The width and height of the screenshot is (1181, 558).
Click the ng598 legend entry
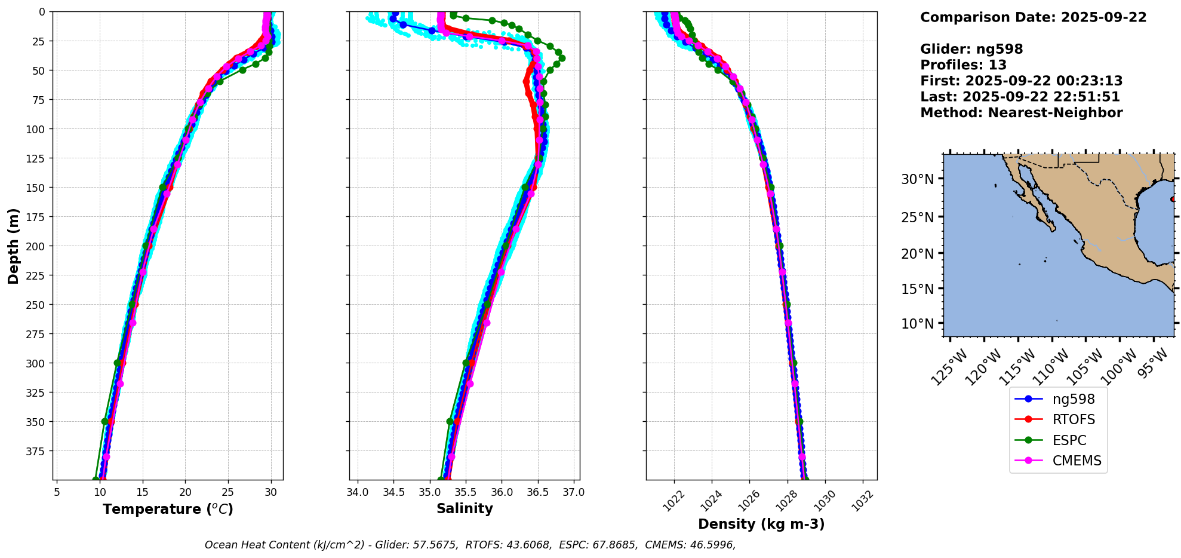(1073, 399)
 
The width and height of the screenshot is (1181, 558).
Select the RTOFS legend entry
(1074, 419)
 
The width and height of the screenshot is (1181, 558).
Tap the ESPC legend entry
(1069, 440)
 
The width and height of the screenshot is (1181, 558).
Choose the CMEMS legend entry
(1077, 461)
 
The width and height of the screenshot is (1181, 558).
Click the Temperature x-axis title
(168, 509)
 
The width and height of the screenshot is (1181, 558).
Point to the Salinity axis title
(465, 508)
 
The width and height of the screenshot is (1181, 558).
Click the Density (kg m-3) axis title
(761, 524)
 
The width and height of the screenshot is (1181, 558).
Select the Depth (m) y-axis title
(13, 246)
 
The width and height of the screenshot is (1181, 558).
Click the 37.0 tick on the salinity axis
(574, 492)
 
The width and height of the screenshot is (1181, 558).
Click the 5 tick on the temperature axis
(57, 492)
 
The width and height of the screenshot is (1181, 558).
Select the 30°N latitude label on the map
(917, 179)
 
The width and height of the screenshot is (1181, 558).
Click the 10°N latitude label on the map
(917, 324)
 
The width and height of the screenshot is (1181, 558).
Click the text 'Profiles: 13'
(963, 65)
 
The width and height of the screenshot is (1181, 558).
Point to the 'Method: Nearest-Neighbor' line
(1021, 113)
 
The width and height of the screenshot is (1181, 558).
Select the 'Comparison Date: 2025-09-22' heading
(1033, 17)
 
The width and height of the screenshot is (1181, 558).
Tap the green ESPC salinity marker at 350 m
(450, 421)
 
